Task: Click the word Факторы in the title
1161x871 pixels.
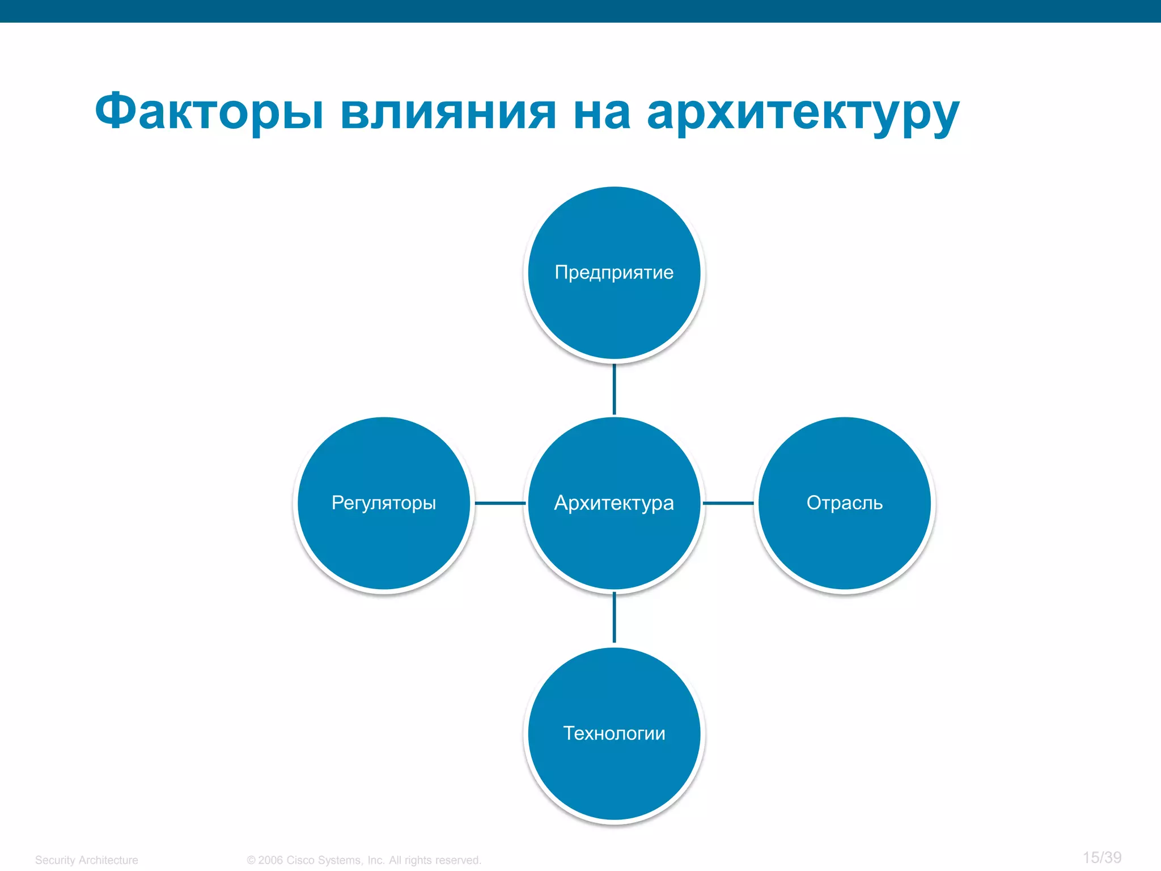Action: [x=209, y=112]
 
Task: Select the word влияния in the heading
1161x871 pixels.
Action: [x=448, y=112]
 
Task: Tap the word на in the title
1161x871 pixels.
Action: [x=601, y=112]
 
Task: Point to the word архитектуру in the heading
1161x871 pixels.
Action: [x=803, y=113]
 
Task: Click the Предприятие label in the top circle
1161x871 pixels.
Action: [x=614, y=273]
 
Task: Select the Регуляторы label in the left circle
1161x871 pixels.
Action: [x=384, y=503]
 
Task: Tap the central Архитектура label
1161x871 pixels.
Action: [x=614, y=503]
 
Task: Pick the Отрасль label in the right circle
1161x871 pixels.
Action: [x=845, y=503]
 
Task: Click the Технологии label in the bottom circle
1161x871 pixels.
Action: [x=614, y=733]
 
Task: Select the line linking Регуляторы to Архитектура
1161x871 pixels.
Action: [x=500, y=503]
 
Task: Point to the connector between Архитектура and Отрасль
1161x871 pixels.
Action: [x=728, y=503]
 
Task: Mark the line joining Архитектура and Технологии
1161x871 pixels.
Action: [x=614, y=618]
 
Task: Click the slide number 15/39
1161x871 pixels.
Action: [x=1101, y=857]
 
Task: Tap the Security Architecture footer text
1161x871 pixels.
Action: [x=86, y=860]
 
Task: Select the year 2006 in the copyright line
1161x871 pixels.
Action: [x=270, y=860]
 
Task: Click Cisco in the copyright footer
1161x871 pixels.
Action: [x=300, y=860]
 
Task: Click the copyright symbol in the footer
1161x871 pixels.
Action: [x=251, y=860]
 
